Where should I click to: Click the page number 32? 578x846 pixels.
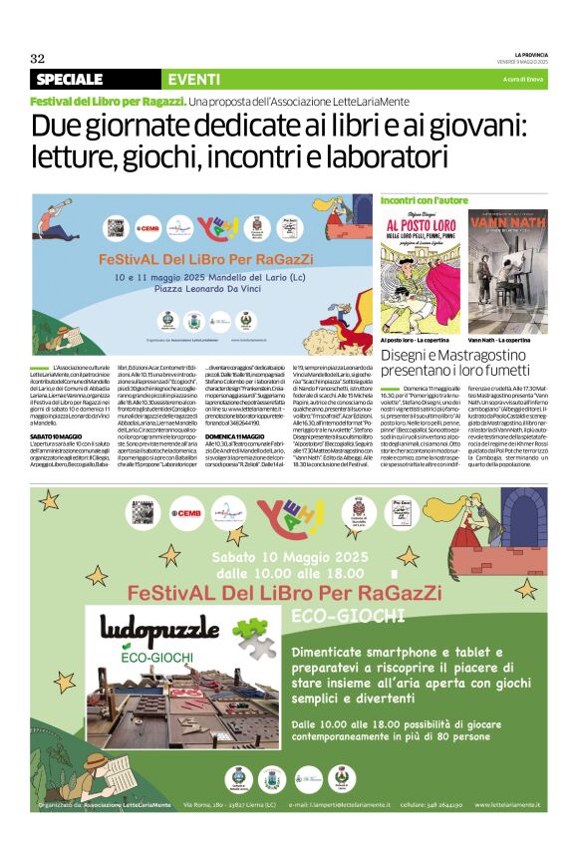pyautogui.click(x=38, y=58)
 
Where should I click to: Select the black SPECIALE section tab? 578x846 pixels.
pyautogui.click(x=70, y=79)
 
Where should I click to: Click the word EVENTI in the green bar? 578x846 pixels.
pyautogui.click(x=195, y=79)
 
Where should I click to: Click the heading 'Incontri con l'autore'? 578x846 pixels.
pyautogui.click(x=425, y=201)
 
